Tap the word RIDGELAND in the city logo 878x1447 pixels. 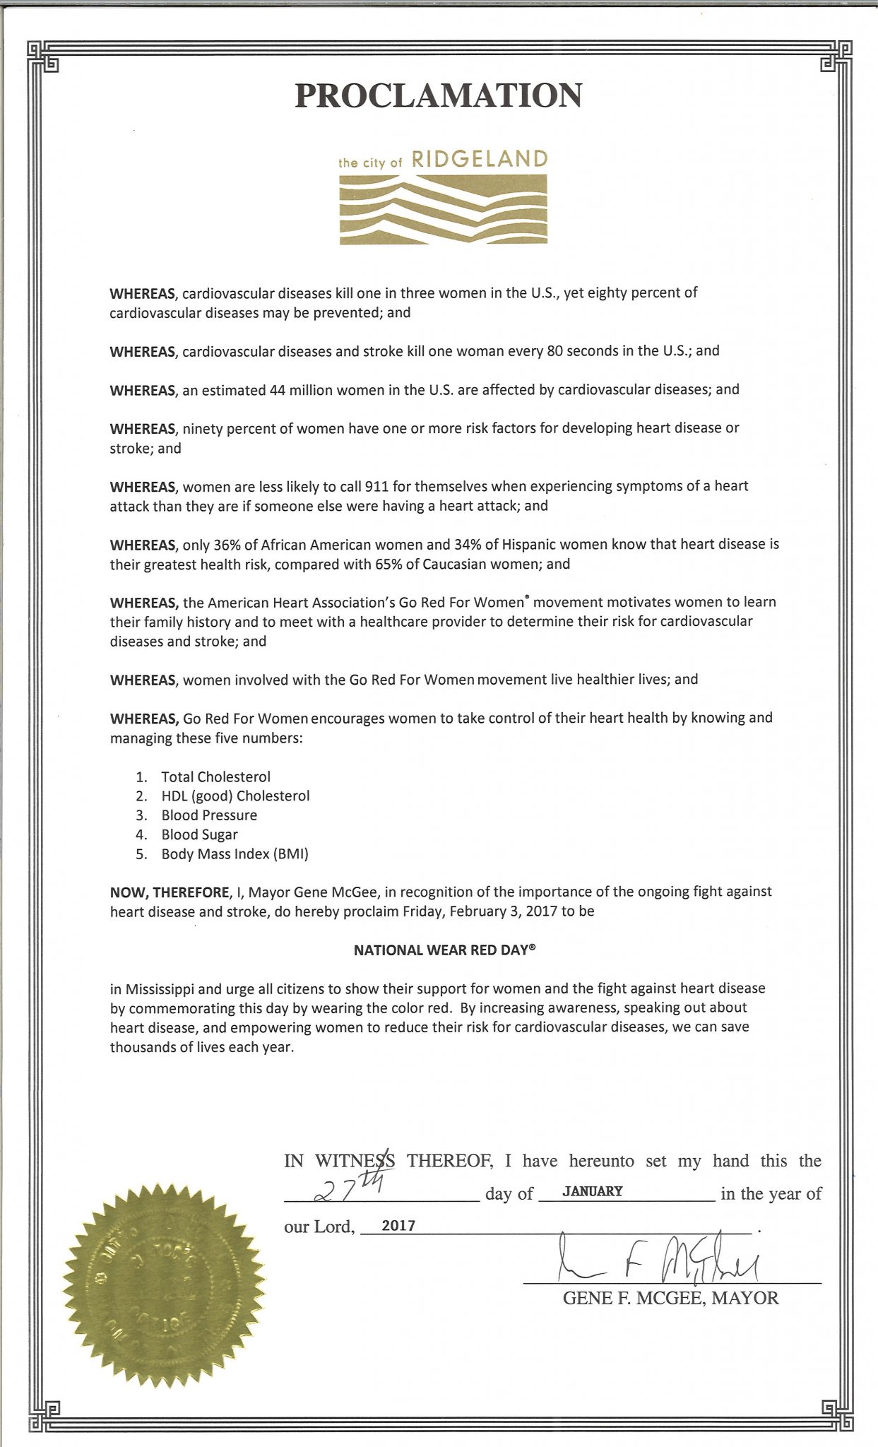tap(479, 160)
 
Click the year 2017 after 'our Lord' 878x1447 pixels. tap(398, 1227)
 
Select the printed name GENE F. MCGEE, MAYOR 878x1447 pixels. tap(670, 1298)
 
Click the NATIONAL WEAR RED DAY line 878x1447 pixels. tap(444, 950)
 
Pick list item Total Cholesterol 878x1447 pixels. tap(215, 776)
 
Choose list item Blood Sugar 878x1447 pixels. tap(199, 834)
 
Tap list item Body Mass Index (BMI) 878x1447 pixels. tap(235, 854)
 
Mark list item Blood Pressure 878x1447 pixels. tap(209, 815)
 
